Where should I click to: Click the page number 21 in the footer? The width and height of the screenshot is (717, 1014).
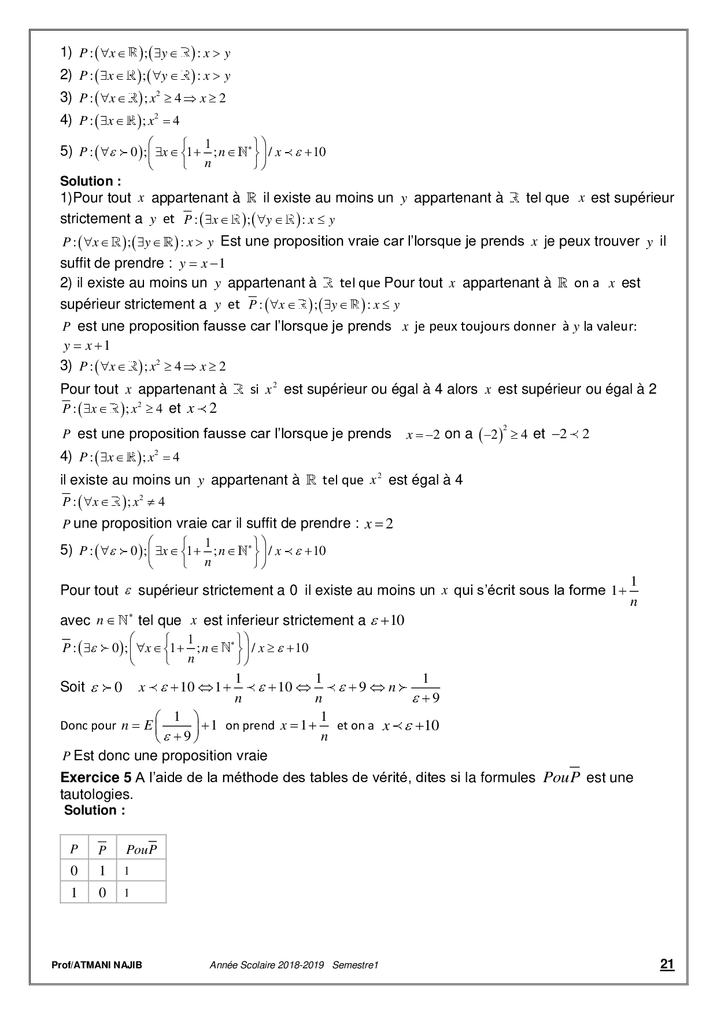667,964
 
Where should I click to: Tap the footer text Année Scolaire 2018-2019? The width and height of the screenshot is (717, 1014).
267,965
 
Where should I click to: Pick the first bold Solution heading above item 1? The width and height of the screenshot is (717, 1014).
91,182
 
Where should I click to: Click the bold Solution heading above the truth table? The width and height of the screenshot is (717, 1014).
95,811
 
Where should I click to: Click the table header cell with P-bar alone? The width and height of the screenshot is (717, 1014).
102,849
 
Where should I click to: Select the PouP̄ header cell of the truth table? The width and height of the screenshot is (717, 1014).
141,849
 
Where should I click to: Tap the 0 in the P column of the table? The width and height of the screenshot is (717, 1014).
74,871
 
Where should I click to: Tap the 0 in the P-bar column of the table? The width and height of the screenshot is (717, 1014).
102,893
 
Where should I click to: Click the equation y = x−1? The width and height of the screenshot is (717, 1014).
202,264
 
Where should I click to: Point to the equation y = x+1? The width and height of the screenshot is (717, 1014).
87,346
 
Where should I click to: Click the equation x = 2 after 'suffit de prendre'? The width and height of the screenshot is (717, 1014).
379,524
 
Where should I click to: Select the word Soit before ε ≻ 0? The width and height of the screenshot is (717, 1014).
73,687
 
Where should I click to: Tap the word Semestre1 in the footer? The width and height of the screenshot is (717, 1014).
355,965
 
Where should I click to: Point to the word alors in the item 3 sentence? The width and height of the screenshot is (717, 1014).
462,389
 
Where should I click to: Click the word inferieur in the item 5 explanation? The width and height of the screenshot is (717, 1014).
251,621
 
